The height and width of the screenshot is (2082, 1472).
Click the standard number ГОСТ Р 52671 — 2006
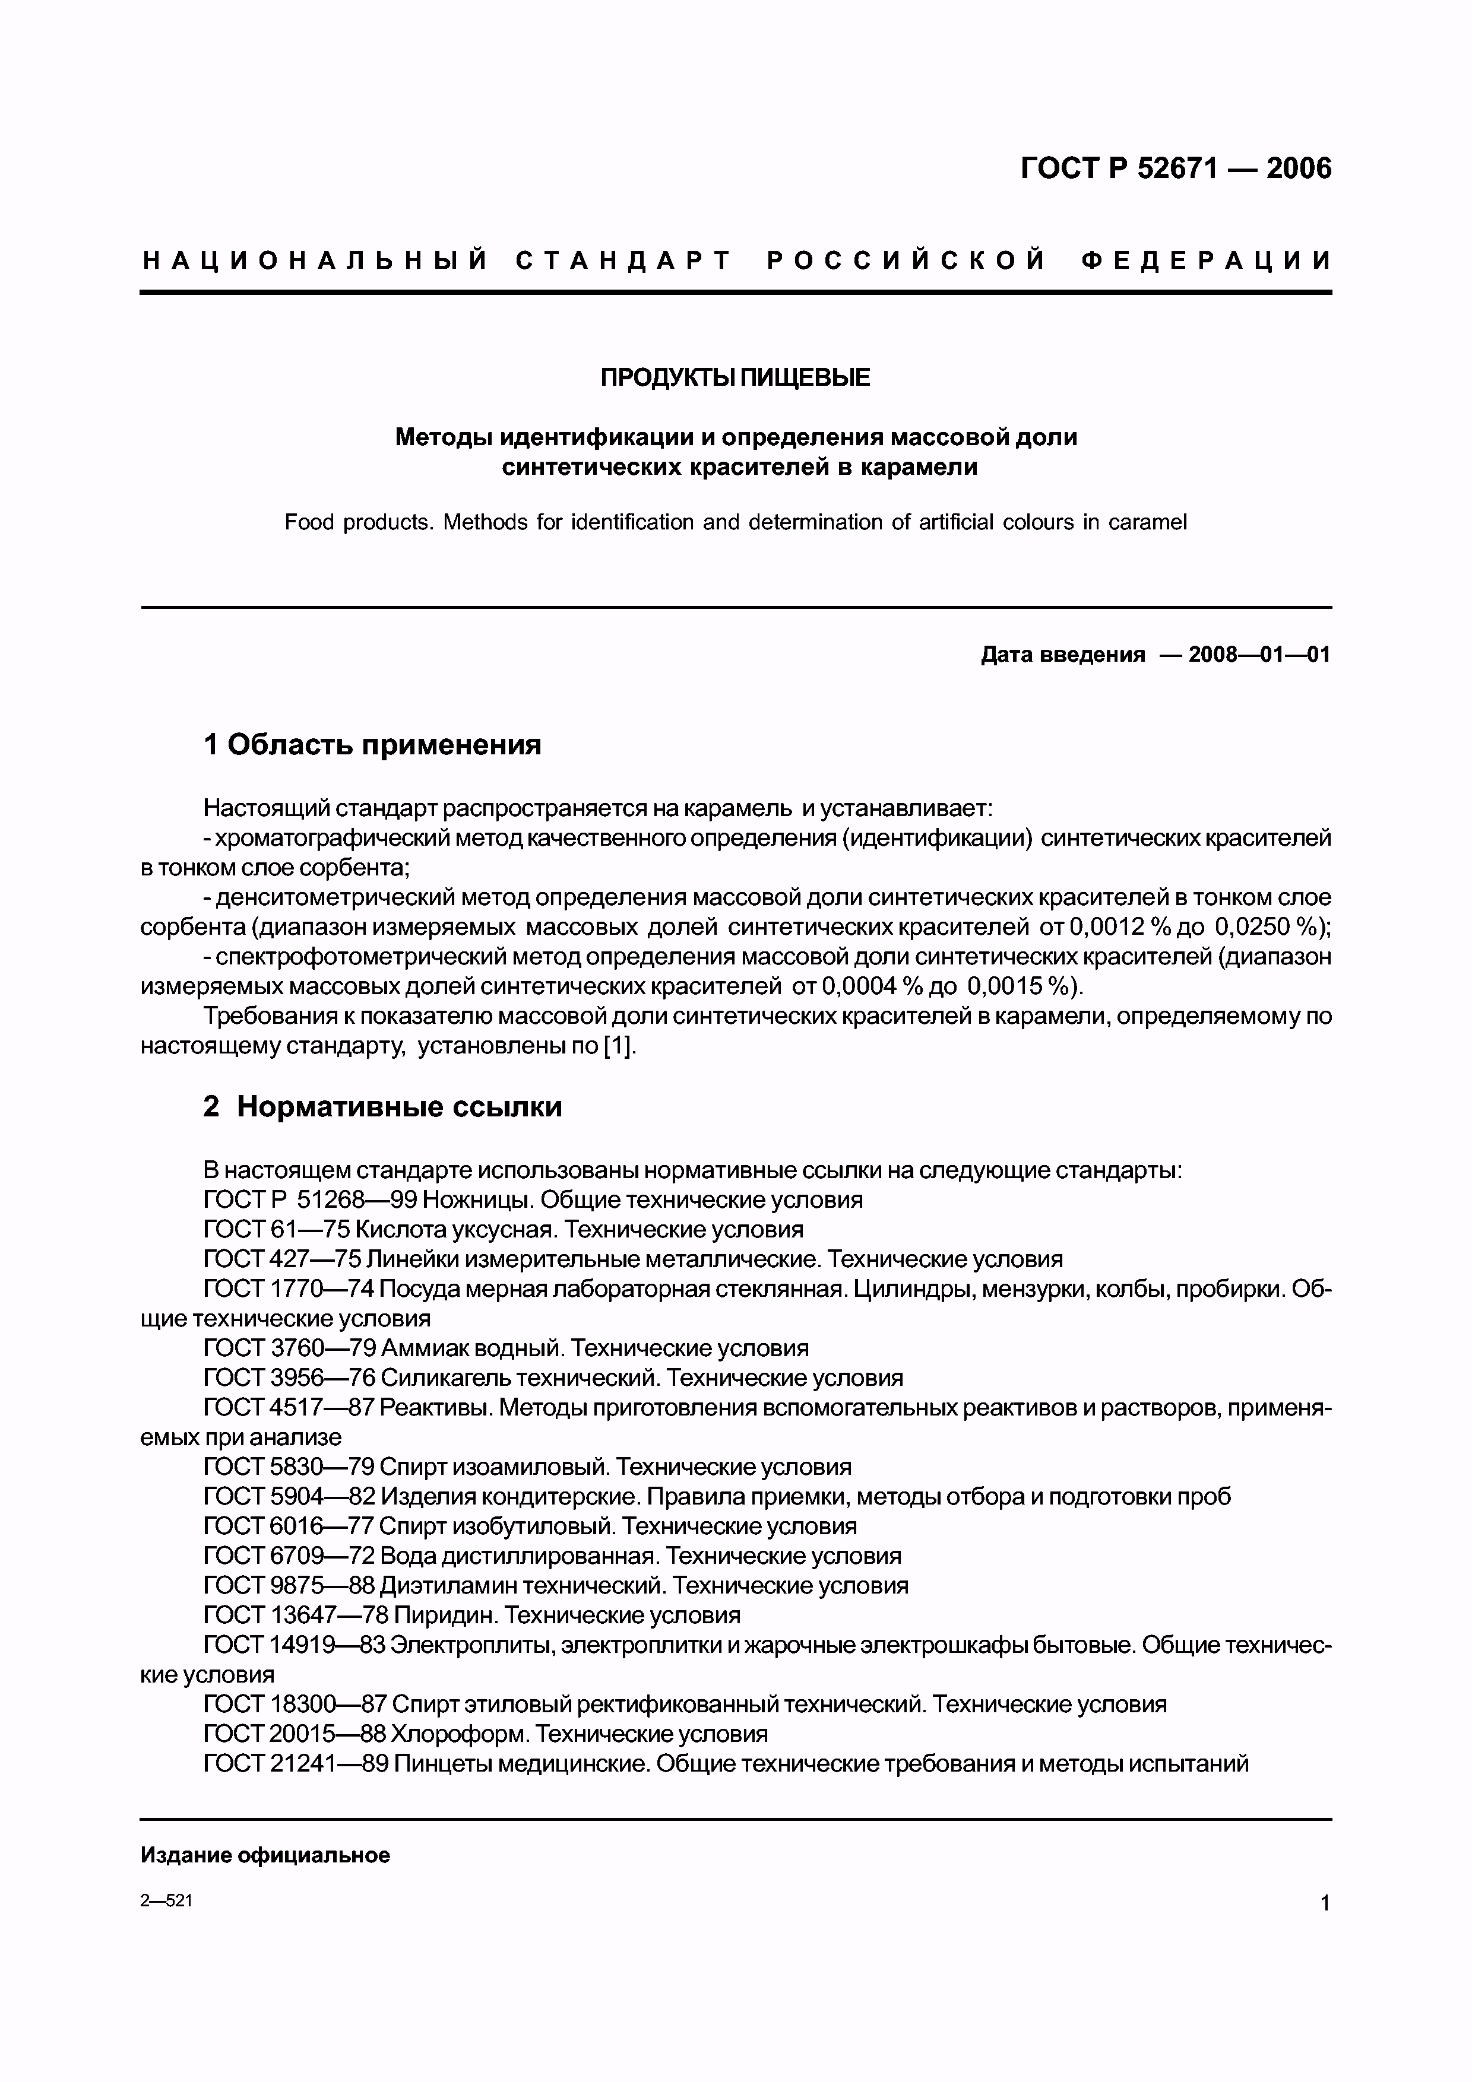[1176, 169]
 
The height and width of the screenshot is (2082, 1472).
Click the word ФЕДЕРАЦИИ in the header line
[1206, 261]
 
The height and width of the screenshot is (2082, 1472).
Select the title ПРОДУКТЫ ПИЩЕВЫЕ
[735, 378]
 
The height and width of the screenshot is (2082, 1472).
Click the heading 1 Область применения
[373, 744]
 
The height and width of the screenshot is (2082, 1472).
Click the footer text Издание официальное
[265, 1855]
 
